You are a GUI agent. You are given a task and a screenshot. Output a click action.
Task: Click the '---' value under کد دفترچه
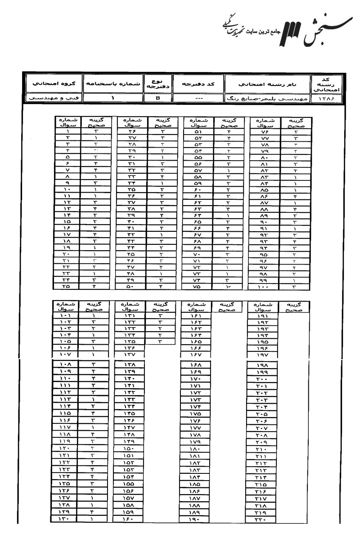pos(199,98)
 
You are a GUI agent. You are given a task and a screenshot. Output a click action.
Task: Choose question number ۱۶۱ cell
pos(196,316)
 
